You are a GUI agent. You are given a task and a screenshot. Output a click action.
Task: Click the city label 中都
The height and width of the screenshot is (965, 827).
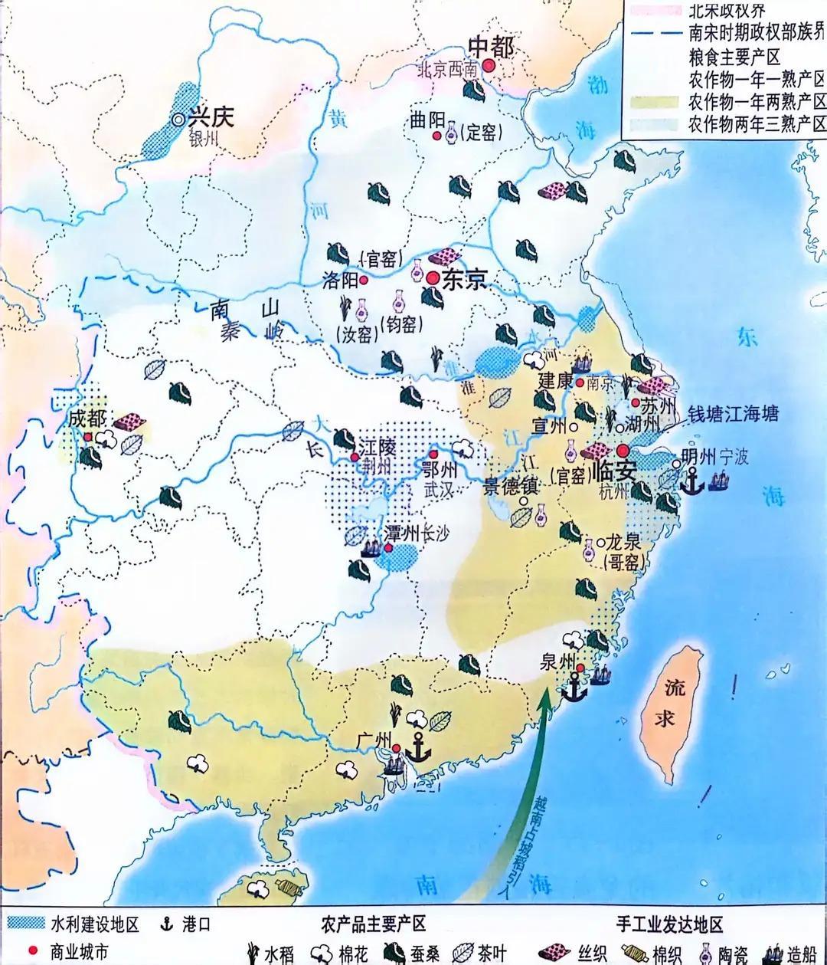coord(491,47)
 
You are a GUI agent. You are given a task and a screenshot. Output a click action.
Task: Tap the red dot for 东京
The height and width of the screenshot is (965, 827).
coord(433,278)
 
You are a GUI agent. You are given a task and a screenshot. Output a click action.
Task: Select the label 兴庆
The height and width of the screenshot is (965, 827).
coord(211,118)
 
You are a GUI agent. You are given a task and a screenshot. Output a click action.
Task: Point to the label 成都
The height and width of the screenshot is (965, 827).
coord(85,419)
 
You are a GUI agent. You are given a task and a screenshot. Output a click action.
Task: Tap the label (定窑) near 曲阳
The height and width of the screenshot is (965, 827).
coord(482,133)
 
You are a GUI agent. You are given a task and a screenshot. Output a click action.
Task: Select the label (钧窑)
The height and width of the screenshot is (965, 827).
coord(400,323)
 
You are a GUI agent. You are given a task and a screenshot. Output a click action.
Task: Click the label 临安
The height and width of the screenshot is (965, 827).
coord(615,470)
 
